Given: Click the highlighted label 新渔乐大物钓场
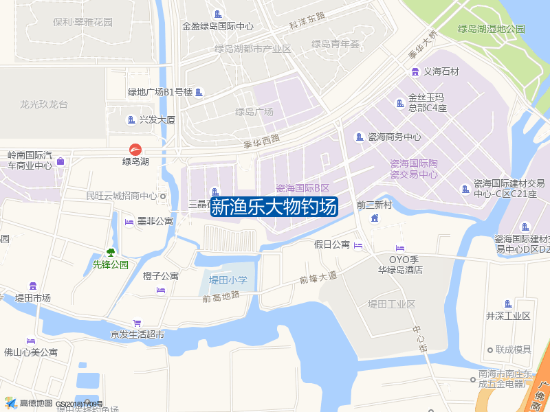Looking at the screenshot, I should (274, 207).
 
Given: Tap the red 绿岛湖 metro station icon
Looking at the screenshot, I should (135, 149).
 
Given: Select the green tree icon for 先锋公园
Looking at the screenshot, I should (110, 253).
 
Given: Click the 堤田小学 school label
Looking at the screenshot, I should (228, 279).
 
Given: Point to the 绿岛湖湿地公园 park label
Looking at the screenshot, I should (491, 29).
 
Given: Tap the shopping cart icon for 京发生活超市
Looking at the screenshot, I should (137, 323).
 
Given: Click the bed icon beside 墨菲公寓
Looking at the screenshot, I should (129, 221).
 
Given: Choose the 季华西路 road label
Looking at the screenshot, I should (262, 141).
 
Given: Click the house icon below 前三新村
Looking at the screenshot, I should (374, 218).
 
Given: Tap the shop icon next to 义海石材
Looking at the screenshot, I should (415, 71).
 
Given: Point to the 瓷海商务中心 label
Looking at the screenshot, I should (395, 137).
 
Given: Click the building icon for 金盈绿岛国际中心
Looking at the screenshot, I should (218, 14).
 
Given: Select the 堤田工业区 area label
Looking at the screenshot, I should (391, 304).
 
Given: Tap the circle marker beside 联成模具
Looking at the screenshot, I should (489, 350).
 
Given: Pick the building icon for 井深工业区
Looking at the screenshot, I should (508, 304).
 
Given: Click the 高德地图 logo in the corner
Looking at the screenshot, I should (27, 403).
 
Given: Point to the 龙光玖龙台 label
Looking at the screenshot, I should (44, 104).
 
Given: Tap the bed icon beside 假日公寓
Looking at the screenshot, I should (358, 246).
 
